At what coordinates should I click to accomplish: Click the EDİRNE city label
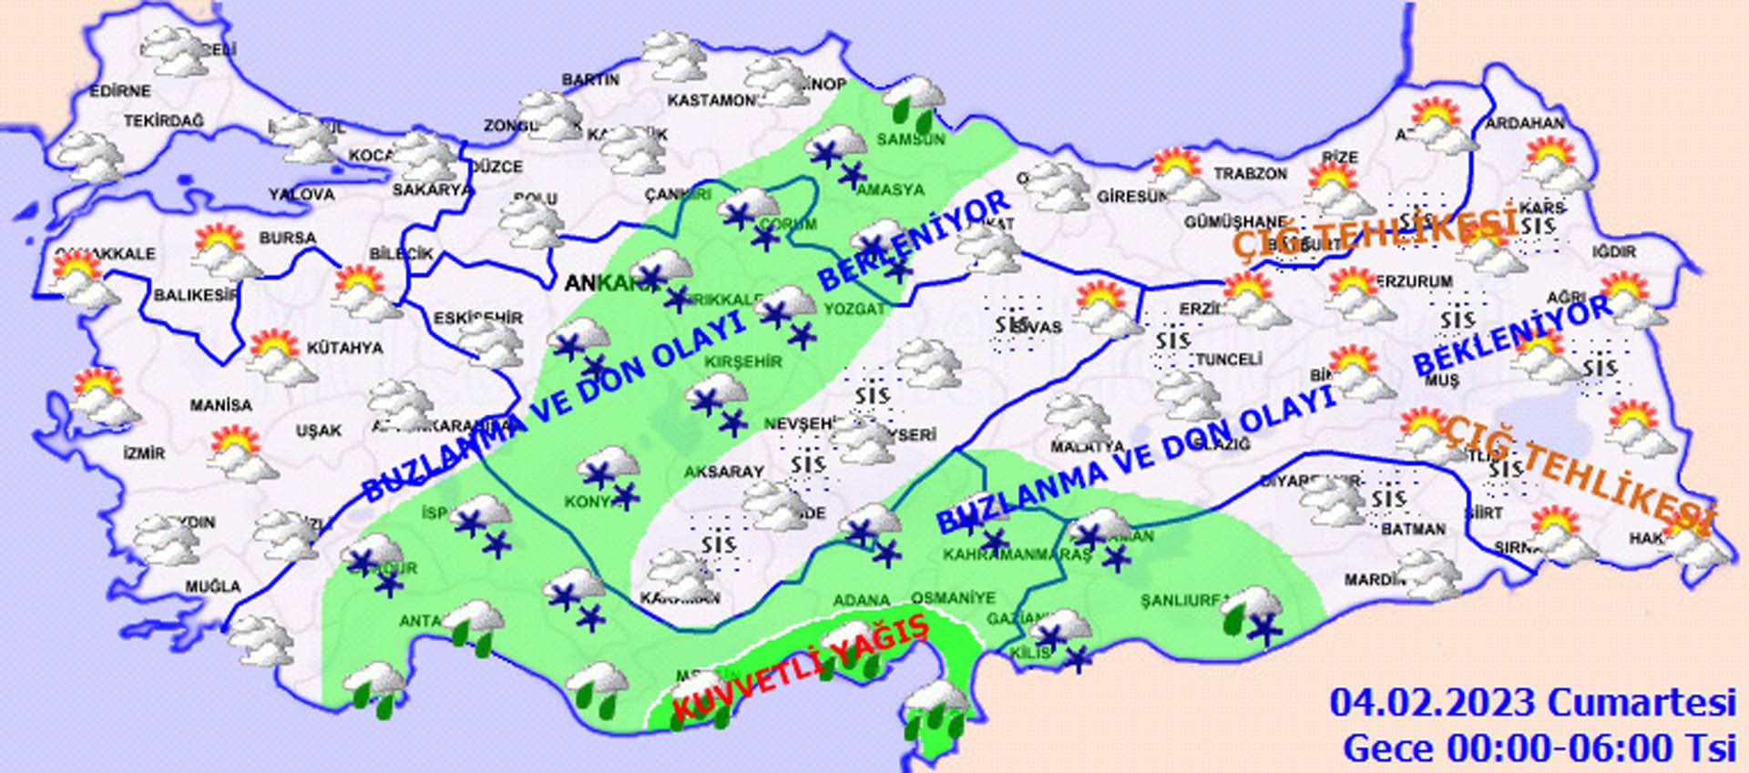pos(119,91)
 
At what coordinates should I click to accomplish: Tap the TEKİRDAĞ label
pos(164,121)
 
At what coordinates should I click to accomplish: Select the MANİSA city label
pos(220,405)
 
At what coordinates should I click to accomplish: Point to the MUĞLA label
pos(213,586)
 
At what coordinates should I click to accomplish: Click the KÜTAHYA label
pos(344,348)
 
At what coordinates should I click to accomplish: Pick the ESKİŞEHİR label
pos(478,319)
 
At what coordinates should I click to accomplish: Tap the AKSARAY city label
pos(723,472)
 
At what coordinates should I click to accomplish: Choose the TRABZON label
pos(1250,173)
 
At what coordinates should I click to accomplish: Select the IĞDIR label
pos(1614,251)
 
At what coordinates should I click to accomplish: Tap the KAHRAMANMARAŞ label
pos(1017,554)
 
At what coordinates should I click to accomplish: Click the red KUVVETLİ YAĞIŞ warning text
pos(799,671)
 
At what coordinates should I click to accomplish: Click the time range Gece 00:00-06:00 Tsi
pos(1539,748)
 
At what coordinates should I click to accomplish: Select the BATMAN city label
pos(1413,529)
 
